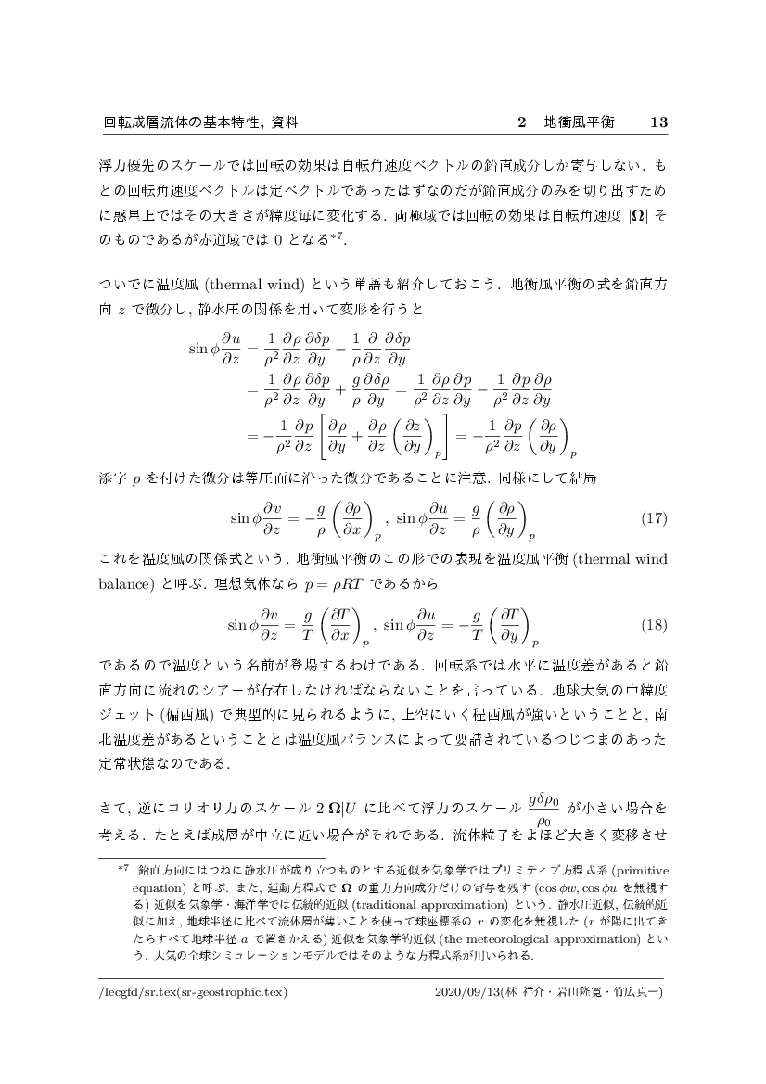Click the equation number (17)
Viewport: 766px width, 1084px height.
654,516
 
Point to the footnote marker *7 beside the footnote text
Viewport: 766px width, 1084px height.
121,870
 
